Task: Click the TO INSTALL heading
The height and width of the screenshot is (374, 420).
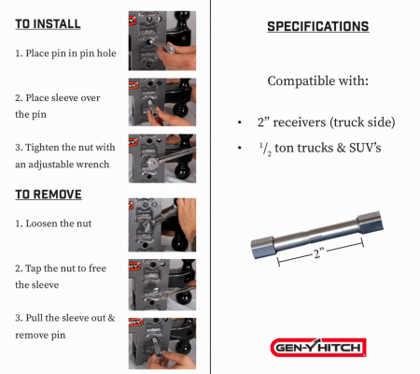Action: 48,24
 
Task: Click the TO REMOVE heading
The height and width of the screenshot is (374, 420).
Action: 49,194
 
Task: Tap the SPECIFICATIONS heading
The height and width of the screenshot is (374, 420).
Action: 318,26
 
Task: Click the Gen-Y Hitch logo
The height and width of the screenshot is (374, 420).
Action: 318,347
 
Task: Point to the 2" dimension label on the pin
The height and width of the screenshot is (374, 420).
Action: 318,253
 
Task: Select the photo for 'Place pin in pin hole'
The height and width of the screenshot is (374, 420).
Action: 162,41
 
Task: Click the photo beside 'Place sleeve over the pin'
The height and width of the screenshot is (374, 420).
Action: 162,102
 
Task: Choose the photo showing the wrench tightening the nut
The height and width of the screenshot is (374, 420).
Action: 162,158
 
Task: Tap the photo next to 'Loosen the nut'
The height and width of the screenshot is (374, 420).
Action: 162,224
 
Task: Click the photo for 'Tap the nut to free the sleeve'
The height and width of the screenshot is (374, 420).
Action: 162,284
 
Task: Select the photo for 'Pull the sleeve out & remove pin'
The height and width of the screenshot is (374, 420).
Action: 162,343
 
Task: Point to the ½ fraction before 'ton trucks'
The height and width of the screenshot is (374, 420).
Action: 265,149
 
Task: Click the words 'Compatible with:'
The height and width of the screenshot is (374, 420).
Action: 318,81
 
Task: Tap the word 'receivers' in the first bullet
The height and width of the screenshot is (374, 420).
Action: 300,122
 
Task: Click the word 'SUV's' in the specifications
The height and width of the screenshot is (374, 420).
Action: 365,148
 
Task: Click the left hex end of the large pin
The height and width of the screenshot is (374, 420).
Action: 262,247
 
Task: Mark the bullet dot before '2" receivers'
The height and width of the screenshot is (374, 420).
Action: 239,122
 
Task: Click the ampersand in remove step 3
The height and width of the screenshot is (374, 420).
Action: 111,318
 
